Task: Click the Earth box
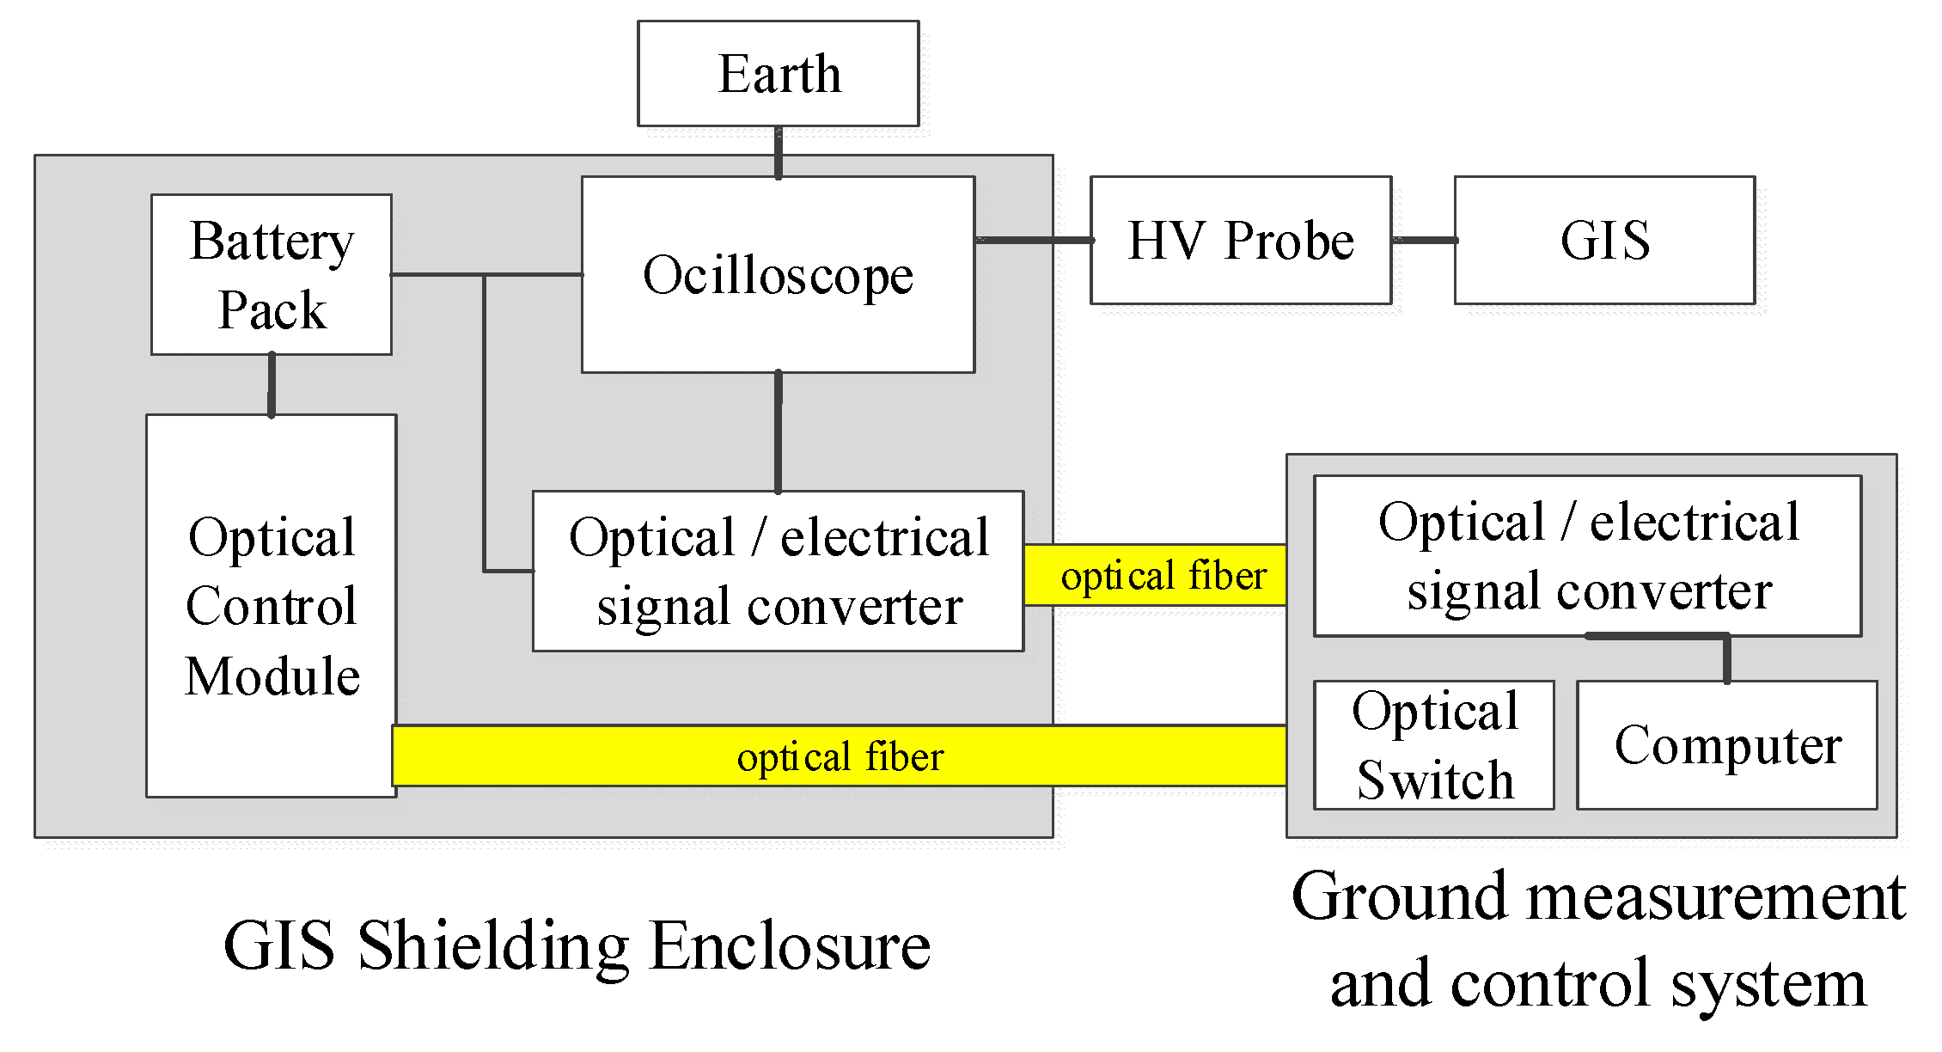778,74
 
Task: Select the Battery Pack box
272,274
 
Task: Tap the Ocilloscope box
778,275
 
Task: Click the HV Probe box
1240,240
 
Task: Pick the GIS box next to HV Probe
1604,240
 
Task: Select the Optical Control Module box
272,605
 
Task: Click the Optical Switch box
1433,744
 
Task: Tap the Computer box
1726,744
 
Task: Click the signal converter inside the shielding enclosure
778,571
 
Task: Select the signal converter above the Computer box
1587,555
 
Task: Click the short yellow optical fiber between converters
1155,575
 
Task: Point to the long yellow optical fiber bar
839,755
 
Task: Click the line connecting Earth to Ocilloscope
779,152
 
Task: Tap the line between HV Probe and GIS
1423,240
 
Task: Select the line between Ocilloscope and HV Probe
1033,240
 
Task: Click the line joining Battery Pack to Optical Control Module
272,384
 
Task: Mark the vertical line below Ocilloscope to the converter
779,431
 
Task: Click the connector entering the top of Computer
1727,660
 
